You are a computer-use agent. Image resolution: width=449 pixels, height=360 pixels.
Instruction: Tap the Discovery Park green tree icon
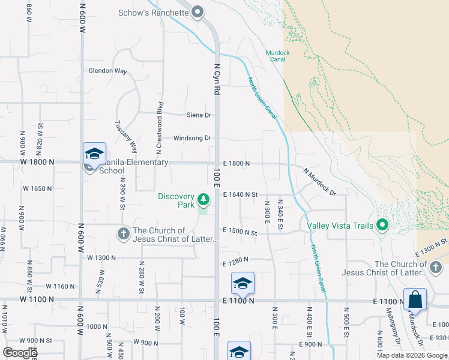tap(203, 199)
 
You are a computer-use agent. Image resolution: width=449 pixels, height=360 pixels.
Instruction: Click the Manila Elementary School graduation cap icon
tap(94, 154)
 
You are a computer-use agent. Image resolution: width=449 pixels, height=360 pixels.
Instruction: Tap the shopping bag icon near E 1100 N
tap(415, 299)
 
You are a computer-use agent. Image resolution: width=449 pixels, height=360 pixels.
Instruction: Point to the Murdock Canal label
tap(278, 53)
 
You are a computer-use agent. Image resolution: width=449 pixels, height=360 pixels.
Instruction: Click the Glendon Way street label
tap(108, 71)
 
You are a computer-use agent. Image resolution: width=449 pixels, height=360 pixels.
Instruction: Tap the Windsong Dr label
tap(192, 138)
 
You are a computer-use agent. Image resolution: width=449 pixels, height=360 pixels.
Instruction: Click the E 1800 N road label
tap(236, 163)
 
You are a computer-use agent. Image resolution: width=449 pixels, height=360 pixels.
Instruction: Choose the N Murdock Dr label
tap(318, 182)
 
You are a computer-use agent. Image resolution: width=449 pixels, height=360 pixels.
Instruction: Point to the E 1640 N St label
tap(240, 194)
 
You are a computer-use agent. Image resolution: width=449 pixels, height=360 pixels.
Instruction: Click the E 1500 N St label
tap(240, 232)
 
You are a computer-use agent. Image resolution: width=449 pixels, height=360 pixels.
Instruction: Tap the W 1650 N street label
tap(38, 188)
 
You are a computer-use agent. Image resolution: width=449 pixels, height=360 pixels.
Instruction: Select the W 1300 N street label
tap(101, 257)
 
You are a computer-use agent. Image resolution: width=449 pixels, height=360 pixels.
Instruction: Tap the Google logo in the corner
tap(19, 353)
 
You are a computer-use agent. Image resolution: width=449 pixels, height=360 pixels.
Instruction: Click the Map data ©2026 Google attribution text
tap(412, 355)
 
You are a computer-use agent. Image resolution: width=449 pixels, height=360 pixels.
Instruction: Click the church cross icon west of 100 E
tap(123, 233)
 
